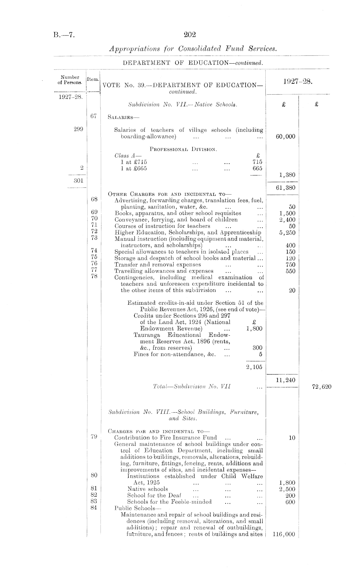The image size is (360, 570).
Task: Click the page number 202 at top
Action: (190, 35)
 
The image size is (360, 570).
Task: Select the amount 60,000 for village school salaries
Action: (286, 137)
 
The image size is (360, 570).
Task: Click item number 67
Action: (93, 117)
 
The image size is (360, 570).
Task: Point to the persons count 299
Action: (79, 129)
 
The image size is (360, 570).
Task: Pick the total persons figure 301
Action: (79, 181)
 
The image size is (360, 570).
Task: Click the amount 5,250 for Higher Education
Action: (287, 233)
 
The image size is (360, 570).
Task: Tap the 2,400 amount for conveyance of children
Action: (287, 220)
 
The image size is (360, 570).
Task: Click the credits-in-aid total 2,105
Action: (254, 367)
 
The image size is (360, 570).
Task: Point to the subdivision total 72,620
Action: (322, 387)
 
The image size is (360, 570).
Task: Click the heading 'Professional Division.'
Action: (183, 149)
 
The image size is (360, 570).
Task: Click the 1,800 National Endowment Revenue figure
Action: (254, 329)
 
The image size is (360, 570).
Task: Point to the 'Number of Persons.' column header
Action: (70, 79)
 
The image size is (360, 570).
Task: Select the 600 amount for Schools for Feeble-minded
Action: (290, 502)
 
